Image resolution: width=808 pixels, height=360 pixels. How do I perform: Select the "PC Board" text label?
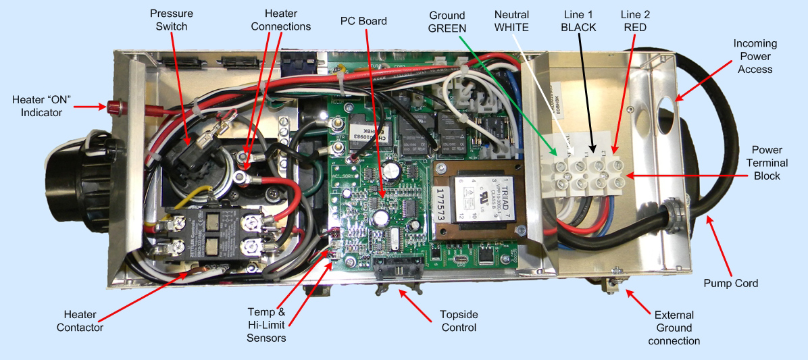click(x=363, y=21)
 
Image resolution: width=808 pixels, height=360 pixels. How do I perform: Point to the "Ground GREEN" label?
click(x=447, y=21)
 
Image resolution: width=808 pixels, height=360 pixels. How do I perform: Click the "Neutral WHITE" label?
click(x=511, y=20)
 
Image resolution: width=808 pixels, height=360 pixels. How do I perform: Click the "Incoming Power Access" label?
click(x=755, y=56)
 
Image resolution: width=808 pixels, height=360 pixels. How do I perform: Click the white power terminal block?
click(x=585, y=173)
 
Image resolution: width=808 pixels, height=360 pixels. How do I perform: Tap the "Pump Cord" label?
click(x=730, y=283)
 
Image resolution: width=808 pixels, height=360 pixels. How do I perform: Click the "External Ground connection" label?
click(x=674, y=328)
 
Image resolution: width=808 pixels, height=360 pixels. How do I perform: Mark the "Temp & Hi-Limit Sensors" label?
click(x=266, y=325)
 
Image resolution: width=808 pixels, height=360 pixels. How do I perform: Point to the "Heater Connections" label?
click(x=280, y=20)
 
